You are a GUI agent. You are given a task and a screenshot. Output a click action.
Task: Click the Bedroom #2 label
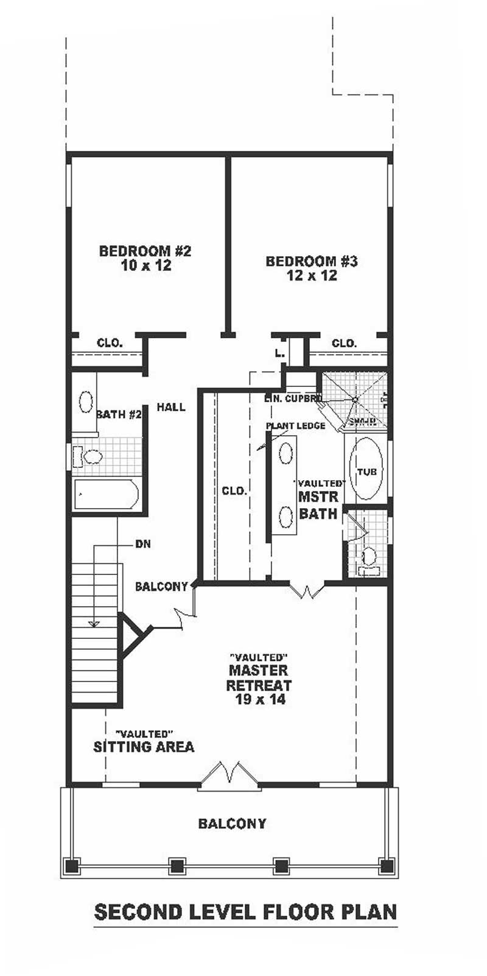pos(145,251)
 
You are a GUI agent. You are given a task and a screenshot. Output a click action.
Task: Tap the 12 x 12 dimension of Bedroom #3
pos(312,276)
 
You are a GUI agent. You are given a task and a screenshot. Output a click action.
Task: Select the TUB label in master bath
pos(366,472)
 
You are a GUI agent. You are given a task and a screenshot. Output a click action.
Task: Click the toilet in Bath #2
pos(91,456)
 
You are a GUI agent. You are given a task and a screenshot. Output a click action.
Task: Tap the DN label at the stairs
pos(143,544)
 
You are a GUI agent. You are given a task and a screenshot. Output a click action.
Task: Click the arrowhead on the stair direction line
pos(94,622)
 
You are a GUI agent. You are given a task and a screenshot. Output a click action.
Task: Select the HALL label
pos(171,407)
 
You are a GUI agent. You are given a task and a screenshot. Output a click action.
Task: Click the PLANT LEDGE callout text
pos(295,426)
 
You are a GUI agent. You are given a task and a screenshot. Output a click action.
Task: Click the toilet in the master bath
pos(368,557)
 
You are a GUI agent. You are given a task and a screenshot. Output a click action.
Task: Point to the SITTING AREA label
pos(144,747)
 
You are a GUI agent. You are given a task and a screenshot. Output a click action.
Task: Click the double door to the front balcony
pos(229,773)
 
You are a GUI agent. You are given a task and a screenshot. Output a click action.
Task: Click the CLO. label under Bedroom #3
pos(344,343)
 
